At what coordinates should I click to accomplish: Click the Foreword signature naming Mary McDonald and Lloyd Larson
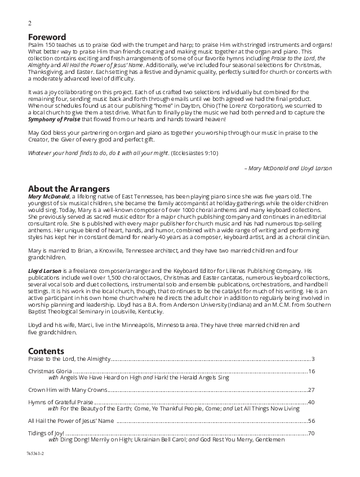click(x=288, y=168)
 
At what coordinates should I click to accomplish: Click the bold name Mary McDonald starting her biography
click(x=52, y=196)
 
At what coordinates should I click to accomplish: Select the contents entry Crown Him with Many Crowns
click(x=67, y=390)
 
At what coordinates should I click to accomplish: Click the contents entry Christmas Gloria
click(x=50, y=371)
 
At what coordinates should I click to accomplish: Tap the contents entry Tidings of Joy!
click(x=47, y=433)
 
